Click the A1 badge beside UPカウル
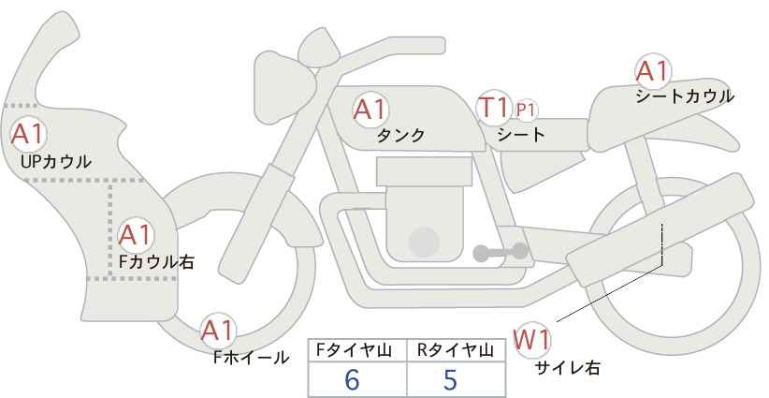pyautogui.click(x=27, y=134)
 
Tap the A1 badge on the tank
pyautogui.click(x=370, y=110)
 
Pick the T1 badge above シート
pyautogui.click(x=493, y=108)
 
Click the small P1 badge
pyautogui.click(x=526, y=110)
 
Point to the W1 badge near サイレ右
pyautogui.click(x=531, y=338)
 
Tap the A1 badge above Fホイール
pyautogui.click(x=219, y=330)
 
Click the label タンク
pyautogui.click(x=400, y=136)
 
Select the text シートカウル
pyautogui.click(x=684, y=96)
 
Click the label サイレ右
pyautogui.click(x=567, y=368)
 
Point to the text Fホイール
pyautogui.click(x=251, y=357)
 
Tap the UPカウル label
pyautogui.click(x=55, y=161)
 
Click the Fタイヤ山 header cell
pyautogui.click(x=356, y=350)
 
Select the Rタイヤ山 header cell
pyautogui.click(x=457, y=350)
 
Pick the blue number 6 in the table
pyautogui.click(x=352, y=380)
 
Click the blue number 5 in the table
pyautogui.click(x=450, y=380)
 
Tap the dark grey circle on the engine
pyautogui.click(x=426, y=243)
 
